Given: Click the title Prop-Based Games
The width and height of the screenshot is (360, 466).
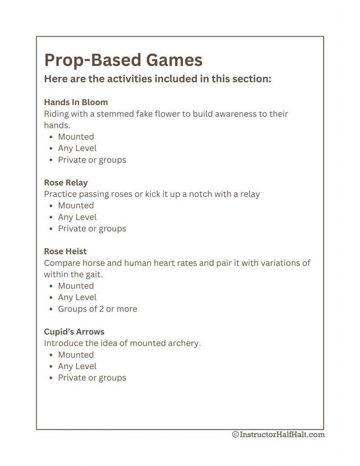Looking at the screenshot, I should [x=123, y=60].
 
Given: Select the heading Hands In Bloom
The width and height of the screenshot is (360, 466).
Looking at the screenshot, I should [x=76, y=102].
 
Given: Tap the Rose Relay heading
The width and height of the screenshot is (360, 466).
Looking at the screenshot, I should [x=66, y=182].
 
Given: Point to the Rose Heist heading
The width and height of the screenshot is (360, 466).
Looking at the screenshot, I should [x=65, y=251].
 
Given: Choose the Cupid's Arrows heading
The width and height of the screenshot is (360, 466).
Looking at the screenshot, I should [x=74, y=331].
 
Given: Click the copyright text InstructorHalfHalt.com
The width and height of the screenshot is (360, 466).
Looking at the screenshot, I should [x=279, y=435].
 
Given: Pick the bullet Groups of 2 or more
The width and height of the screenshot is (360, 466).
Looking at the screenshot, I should [x=97, y=309].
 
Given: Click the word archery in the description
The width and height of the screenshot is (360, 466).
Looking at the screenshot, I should [x=184, y=343].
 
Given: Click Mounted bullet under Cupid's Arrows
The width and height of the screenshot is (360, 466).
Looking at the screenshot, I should [x=76, y=355].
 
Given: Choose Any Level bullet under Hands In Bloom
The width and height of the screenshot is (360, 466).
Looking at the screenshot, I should [x=77, y=148].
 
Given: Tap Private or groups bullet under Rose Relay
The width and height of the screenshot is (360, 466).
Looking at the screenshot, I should [x=92, y=228].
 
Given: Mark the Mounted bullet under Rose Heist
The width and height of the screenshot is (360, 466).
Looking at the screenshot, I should [x=76, y=286].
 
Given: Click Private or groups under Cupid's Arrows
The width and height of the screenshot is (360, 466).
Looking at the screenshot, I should [x=92, y=378].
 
